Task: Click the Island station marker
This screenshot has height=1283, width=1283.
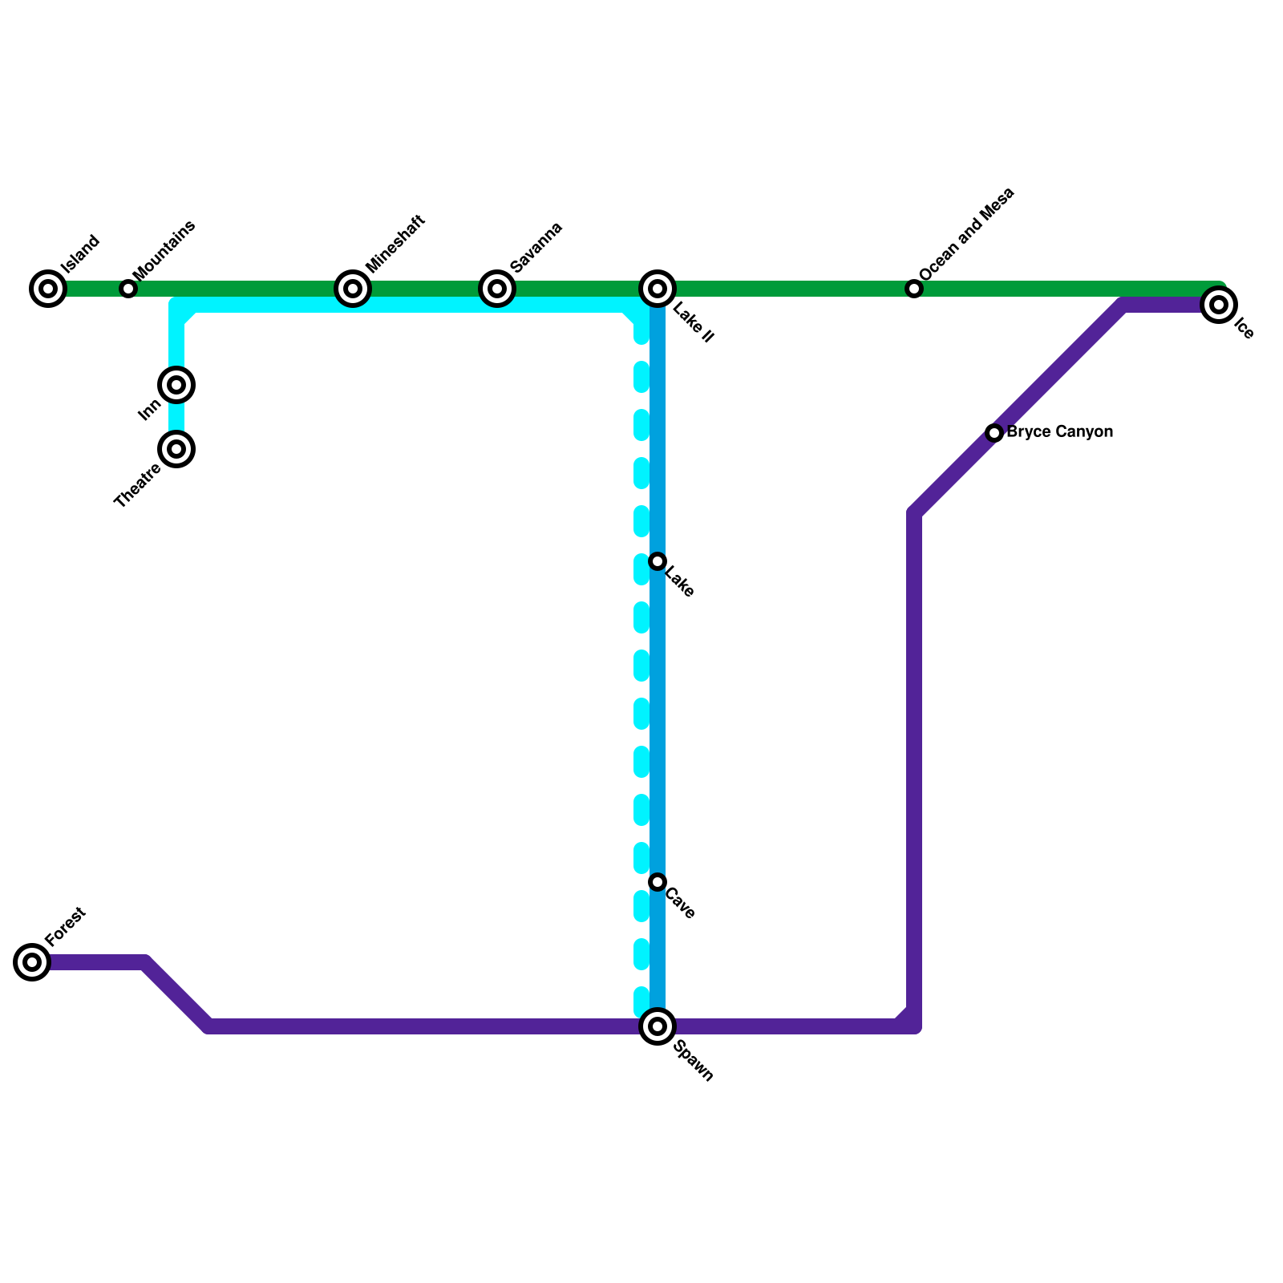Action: [x=48, y=289]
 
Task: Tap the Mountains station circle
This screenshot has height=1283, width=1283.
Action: [x=128, y=289]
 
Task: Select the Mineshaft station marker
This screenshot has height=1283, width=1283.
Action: [x=353, y=289]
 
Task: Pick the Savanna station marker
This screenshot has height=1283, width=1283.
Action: [x=497, y=289]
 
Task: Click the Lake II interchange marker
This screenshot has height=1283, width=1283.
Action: [x=658, y=289]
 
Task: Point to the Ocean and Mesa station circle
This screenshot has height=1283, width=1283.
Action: [x=914, y=289]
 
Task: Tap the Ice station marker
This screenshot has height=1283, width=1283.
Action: [x=1219, y=305]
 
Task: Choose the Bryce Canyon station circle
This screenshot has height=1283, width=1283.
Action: [x=994, y=433]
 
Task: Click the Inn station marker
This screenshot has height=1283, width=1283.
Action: [x=177, y=385]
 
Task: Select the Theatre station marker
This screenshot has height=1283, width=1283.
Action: [x=177, y=448]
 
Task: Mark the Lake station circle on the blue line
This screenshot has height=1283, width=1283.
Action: [x=658, y=561]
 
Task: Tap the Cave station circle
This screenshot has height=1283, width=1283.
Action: [x=658, y=882]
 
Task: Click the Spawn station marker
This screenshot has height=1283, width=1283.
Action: [x=658, y=1026]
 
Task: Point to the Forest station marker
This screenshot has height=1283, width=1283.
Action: [x=32, y=962]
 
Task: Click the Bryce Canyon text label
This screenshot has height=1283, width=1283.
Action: [x=1060, y=432]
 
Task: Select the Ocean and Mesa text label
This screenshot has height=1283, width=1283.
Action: [x=967, y=234]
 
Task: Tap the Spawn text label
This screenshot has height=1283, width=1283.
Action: [x=694, y=1061]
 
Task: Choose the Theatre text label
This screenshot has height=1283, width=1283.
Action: [x=137, y=486]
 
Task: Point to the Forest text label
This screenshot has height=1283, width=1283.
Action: [x=65, y=926]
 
